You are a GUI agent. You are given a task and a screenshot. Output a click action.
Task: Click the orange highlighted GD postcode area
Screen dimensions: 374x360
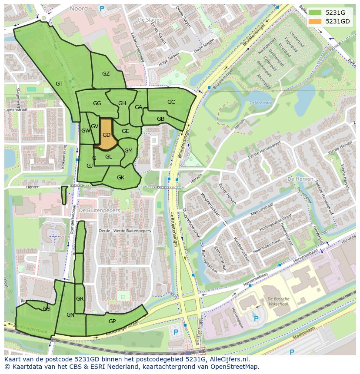106,135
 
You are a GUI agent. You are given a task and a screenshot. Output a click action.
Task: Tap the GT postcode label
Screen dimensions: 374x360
59,84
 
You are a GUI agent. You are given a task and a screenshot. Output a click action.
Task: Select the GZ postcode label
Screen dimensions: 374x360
106,74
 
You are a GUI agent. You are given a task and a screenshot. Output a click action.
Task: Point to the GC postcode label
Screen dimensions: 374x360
171,102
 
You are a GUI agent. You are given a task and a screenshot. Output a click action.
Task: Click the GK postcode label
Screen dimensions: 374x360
120,178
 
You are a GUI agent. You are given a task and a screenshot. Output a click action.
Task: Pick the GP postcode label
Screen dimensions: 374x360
112,321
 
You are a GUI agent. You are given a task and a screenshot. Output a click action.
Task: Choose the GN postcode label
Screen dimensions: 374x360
70,315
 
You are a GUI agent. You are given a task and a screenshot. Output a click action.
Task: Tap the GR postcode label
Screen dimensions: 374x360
80,299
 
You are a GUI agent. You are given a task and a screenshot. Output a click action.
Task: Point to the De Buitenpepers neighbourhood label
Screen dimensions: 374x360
100,210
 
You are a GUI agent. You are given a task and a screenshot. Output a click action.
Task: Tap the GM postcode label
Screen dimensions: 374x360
128,151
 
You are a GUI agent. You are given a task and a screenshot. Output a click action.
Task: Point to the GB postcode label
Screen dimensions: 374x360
160,119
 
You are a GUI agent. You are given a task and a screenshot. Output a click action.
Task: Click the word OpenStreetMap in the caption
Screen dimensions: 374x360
235,367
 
